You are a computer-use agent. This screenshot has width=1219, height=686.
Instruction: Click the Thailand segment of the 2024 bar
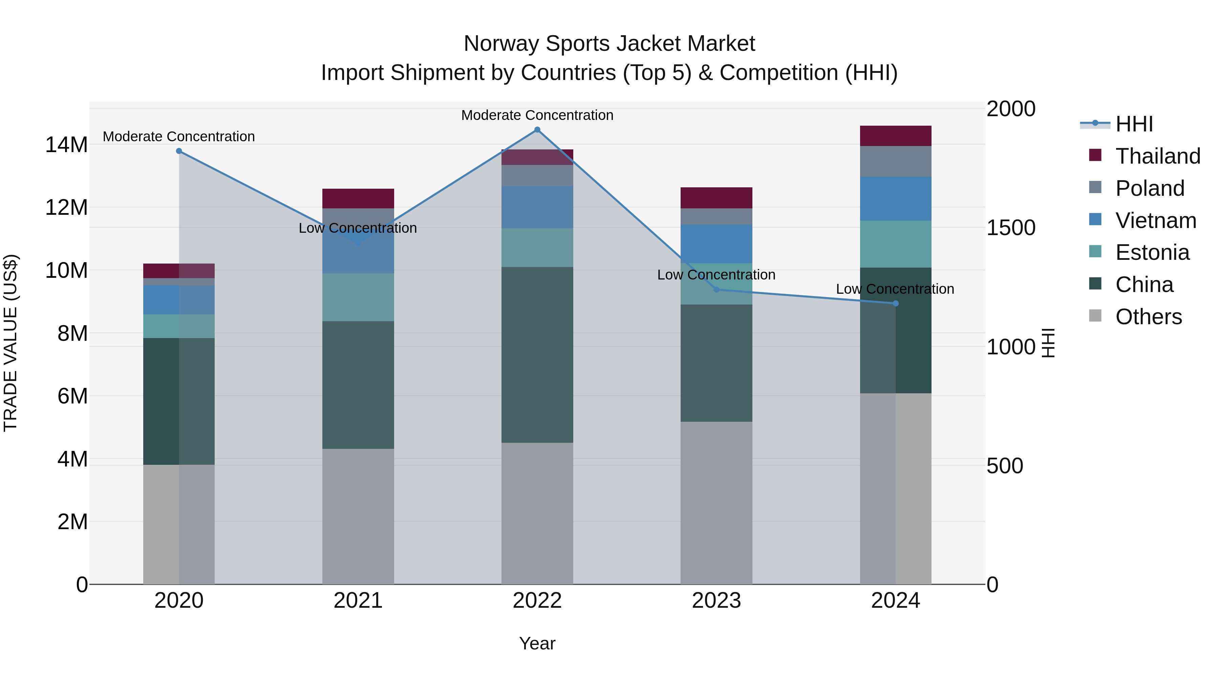pos(895,136)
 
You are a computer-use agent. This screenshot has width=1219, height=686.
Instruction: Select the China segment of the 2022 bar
pos(537,355)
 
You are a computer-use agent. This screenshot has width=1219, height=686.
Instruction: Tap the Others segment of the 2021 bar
pos(358,516)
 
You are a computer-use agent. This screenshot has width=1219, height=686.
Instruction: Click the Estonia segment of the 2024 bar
pos(895,244)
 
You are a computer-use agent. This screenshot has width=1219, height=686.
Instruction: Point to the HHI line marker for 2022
pos(537,130)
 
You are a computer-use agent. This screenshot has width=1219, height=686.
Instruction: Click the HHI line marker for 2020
pos(179,151)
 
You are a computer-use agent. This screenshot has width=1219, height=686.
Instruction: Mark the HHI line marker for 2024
pos(895,304)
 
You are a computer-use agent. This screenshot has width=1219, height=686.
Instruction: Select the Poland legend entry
pos(1150,188)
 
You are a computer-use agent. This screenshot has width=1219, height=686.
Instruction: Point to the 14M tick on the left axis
pos(66,144)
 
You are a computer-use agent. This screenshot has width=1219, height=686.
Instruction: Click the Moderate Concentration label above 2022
pos(537,115)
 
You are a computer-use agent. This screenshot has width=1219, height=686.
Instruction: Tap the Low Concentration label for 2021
pos(358,228)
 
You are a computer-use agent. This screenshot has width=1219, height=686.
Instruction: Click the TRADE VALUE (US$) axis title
pos(10,343)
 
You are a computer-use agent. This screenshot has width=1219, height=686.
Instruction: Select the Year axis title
pos(537,643)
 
